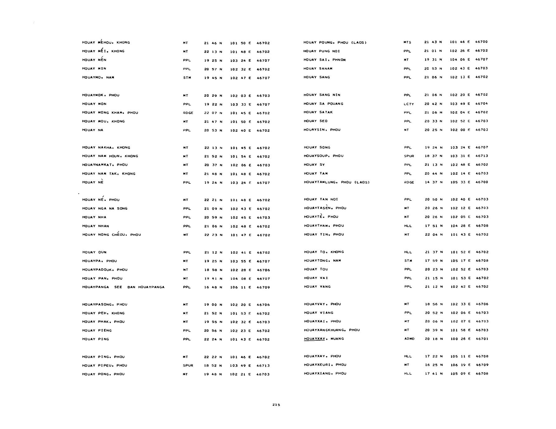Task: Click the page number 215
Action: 276,405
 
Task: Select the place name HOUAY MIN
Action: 94,69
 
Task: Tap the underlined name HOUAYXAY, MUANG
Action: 324,339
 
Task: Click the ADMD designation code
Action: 409,339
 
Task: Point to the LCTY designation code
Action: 408,104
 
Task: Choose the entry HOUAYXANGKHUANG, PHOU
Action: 332,330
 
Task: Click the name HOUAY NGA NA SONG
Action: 105,209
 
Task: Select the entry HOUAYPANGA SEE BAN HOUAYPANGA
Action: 123,287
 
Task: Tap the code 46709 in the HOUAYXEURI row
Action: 482,365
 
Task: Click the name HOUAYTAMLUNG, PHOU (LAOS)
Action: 337,182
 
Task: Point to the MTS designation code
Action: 407,42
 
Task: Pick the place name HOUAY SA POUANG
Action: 323,104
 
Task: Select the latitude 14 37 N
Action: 434,182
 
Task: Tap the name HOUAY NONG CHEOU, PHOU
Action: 111,235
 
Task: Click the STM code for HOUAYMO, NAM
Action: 187,78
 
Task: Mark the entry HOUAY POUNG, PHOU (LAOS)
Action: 335,42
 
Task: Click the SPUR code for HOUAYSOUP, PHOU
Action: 409,156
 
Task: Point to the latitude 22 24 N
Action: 213,339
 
